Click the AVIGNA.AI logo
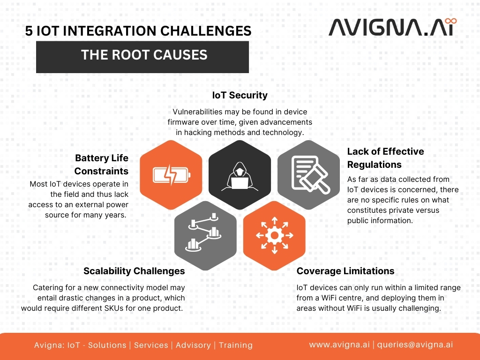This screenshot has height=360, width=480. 392,27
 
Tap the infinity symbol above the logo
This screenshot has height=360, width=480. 450,21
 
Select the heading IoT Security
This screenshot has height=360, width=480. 240,95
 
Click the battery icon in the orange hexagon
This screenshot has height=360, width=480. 172,175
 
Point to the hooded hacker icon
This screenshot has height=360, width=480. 240,176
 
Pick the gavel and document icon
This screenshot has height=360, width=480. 310,174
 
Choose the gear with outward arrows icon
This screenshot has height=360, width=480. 275,235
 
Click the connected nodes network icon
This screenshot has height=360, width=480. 203,232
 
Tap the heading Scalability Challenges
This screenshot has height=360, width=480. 134,271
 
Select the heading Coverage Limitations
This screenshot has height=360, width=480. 345,271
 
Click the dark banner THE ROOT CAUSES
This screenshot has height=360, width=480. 142,57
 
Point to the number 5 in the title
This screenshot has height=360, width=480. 29,31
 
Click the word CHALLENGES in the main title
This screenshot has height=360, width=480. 206,31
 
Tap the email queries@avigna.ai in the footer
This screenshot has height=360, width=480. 415,345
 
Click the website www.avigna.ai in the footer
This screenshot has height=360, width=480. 339,345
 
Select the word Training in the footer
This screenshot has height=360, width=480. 236,345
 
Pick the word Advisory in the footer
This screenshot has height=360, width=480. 193,345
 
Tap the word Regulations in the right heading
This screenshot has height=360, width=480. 375,165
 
